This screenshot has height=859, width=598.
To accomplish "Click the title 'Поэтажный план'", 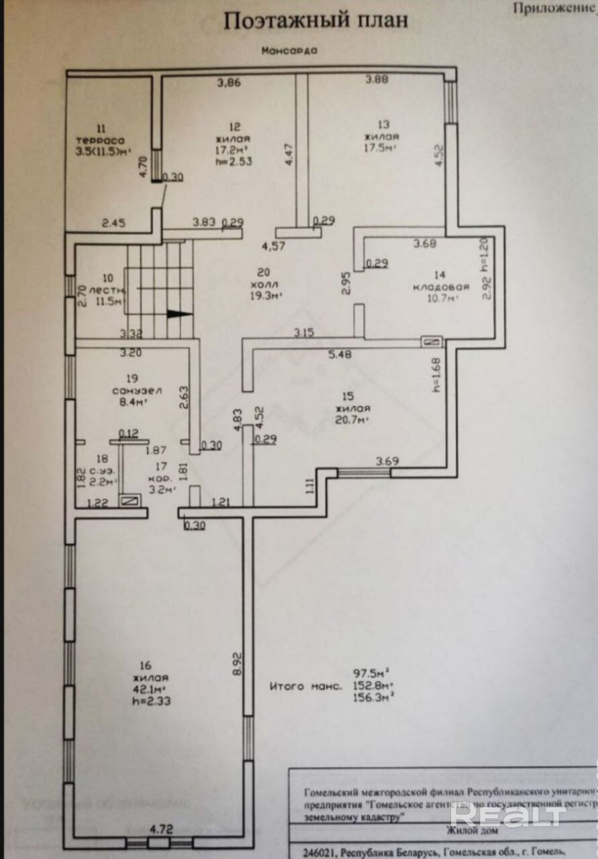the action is [x=315, y=21].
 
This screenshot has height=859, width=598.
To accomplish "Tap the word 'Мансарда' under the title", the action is [x=289, y=50].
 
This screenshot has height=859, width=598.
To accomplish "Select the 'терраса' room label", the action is [x=100, y=140].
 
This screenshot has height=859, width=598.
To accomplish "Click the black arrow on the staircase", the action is [x=177, y=313].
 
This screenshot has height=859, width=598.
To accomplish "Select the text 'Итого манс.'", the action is [x=306, y=686].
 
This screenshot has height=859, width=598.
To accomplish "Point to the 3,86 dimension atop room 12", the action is [x=228, y=83].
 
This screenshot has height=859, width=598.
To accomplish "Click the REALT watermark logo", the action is [x=507, y=814].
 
